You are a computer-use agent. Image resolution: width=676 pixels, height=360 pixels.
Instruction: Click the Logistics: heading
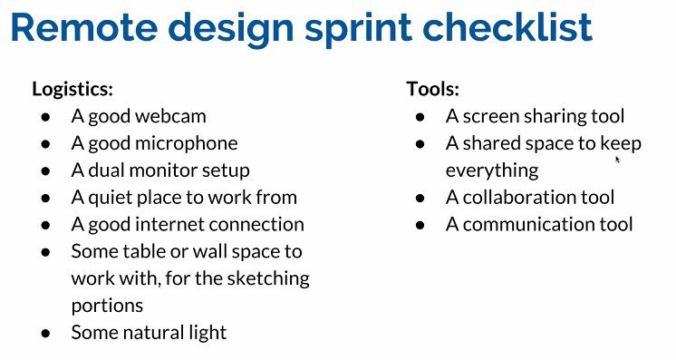click(x=72, y=89)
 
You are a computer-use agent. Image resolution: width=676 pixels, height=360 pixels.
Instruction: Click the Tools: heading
click(x=433, y=89)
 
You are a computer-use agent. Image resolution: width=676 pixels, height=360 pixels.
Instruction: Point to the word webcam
click(x=174, y=116)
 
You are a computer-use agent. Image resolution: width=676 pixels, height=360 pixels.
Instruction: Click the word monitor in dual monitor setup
click(x=169, y=170)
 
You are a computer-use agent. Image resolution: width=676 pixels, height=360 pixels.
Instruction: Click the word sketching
click(x=269, y=277)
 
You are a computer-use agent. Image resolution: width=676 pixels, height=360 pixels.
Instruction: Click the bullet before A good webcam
click(x=46, y=117)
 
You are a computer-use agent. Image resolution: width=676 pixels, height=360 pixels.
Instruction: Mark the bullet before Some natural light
click(x=46, y=333)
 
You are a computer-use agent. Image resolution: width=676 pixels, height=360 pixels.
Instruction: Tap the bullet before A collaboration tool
click(x=420, y=198)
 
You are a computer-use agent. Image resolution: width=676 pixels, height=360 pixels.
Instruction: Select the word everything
click(x=491, y=170)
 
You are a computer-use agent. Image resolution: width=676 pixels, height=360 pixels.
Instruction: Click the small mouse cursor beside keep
click(x=618, y=159)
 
